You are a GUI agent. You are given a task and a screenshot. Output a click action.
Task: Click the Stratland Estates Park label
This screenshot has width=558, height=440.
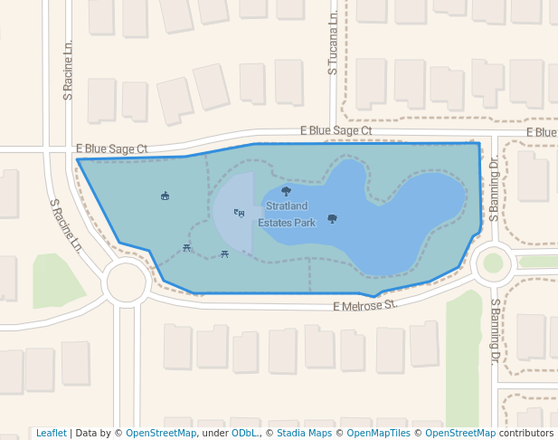point(287,215)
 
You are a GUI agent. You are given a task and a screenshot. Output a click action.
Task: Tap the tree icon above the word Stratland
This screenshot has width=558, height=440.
point(287,191)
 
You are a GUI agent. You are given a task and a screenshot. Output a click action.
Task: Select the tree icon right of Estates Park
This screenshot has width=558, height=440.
point(332,218)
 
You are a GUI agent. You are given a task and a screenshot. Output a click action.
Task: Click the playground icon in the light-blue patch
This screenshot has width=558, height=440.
point(239,213)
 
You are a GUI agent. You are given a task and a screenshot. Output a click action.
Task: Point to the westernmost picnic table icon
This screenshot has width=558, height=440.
point(187,247)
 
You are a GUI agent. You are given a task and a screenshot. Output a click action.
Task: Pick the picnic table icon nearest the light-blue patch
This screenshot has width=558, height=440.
point(224,253)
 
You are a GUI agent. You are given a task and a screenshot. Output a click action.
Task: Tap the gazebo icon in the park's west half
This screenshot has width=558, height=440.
point(165,195)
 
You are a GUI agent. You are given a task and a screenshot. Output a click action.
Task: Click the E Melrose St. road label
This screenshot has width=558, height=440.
point(365,306)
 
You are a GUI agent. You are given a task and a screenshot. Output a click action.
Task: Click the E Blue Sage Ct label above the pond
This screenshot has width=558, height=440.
point(336,131)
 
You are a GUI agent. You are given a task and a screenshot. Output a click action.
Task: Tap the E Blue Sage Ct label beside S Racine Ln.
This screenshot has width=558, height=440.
point(111,148)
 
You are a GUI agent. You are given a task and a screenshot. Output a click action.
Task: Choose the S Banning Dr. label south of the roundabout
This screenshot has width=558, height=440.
point(496,331)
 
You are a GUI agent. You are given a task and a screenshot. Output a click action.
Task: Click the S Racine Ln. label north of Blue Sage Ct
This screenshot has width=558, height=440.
point(67,70)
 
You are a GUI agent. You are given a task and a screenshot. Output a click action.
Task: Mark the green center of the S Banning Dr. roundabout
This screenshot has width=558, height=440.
point(493,263)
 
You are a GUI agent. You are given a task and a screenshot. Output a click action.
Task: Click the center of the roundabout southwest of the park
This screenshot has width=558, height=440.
point(126,282)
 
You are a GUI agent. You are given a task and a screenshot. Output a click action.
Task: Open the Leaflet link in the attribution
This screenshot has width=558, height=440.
point(51,433)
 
